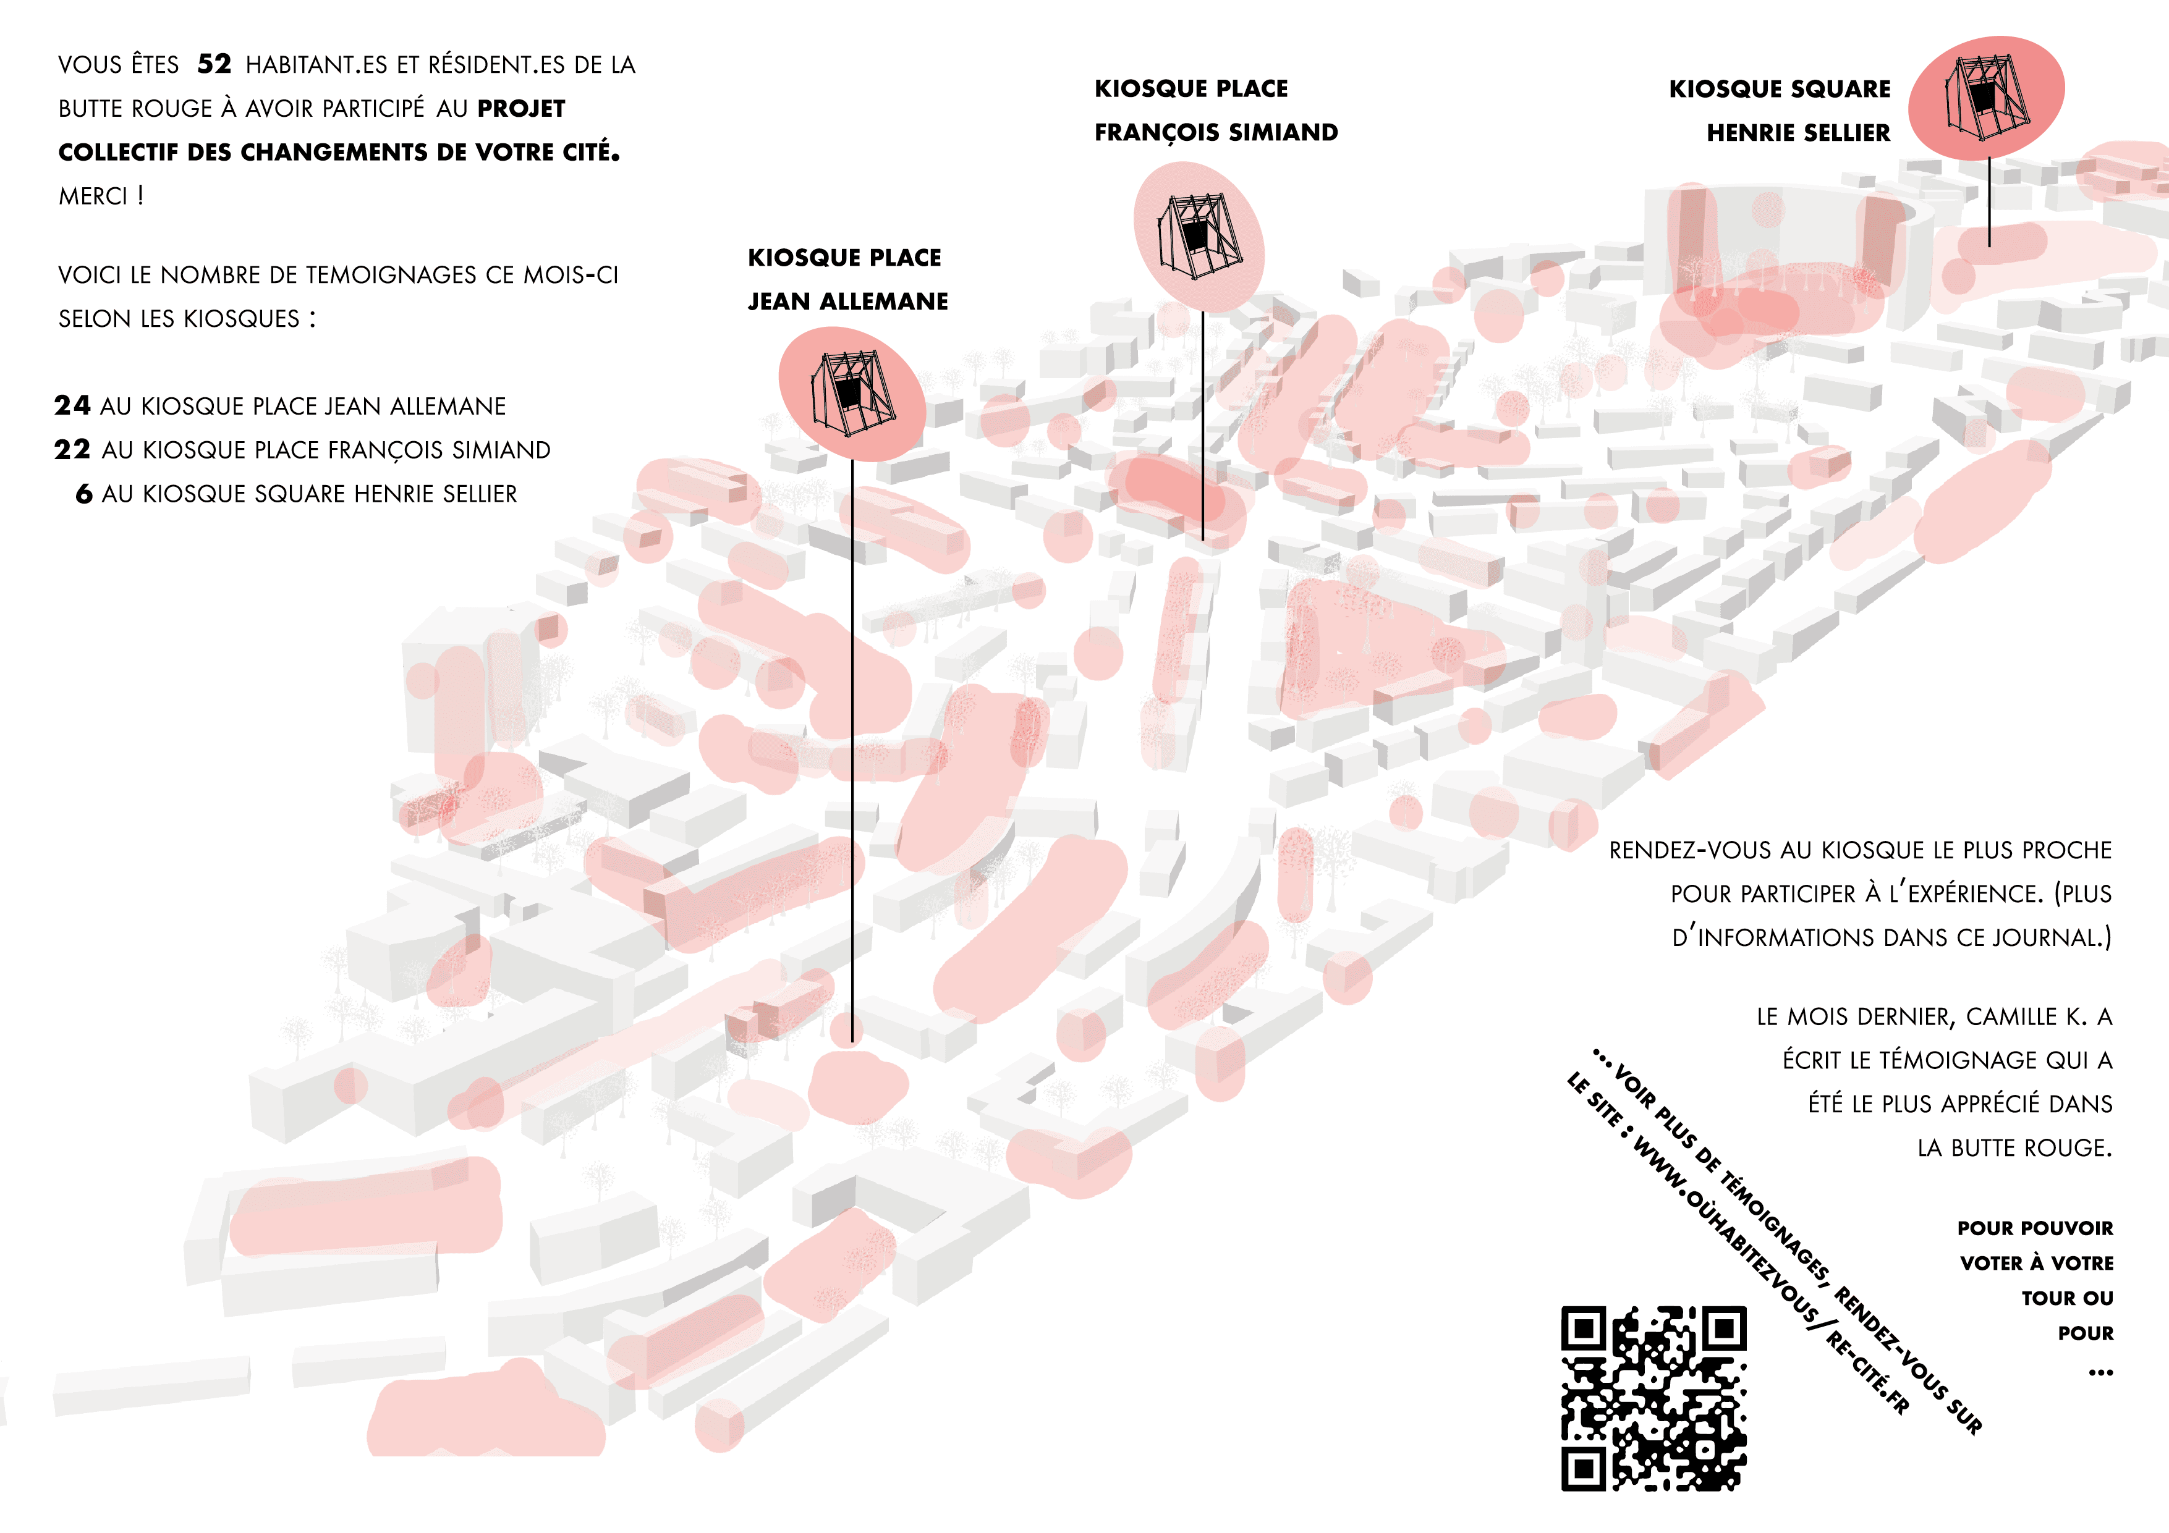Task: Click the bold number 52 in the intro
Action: point(214,64)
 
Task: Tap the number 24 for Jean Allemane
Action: point(72,405)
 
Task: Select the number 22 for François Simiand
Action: point(72,450)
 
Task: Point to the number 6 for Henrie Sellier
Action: point(84,493)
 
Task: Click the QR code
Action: point(1653,1398)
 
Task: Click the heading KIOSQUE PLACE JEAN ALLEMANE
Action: point(847,279)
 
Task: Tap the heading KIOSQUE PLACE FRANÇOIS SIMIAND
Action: point(1216,111)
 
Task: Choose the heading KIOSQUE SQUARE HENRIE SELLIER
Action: point(1780,111)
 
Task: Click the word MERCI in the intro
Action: point(93,196)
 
